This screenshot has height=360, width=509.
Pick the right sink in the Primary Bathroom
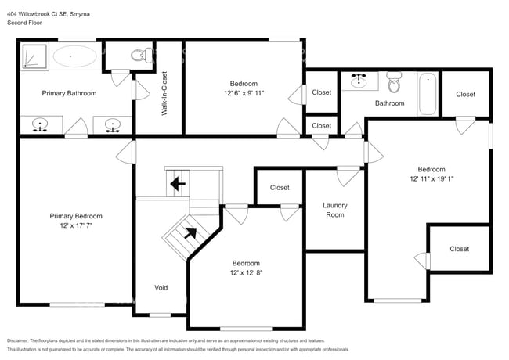click(x=112, y=124)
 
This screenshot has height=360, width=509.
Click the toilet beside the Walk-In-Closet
click(x=139, y=56)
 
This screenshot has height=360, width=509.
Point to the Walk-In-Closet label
click(x=164, y=94)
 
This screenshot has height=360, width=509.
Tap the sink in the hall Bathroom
click(x=361, y=80)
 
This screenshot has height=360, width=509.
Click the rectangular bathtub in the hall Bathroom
click(x=426, y=93)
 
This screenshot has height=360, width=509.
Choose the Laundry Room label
click(x=334, y=210)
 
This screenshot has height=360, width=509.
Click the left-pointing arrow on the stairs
click(x=179, y=185)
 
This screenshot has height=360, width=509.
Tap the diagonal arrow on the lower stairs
click(x=190, y=232)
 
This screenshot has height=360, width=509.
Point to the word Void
click(x=161, y=288)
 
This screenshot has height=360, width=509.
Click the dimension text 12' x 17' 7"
click(x=76, y=225)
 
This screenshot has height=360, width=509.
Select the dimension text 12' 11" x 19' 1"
click(x=431, y=179)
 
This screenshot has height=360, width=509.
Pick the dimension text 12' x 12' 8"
click(x=245, y=273)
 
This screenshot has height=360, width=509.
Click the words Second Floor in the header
click(x=25, y=23)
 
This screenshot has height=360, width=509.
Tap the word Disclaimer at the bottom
click(x=21, y=341)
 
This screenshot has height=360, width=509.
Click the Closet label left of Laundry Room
click(x=280, y=188)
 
